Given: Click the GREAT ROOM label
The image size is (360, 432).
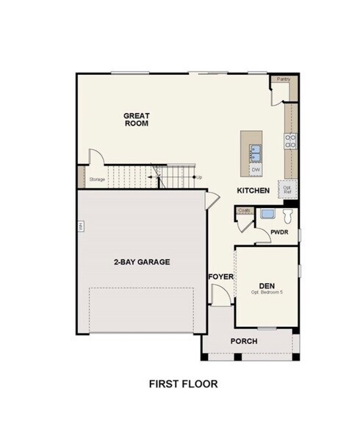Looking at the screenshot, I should [x=136, y=119].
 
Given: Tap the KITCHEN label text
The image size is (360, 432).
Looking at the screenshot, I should [x=253, y=191].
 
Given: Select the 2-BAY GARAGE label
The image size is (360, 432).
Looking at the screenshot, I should [x=142, y=262].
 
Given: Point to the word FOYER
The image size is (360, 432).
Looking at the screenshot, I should [x=220, y=276].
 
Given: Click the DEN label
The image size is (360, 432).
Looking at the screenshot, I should [x=267, y=285].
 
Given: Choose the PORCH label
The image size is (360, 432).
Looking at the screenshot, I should [x=244, y=341].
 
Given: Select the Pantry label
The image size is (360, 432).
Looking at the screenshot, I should [x=282, y=79].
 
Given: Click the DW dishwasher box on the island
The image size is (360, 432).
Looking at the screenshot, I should [x=256, y=170].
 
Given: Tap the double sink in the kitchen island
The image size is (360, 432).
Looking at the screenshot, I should [x=256, y=152].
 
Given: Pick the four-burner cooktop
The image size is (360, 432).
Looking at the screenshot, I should [x=290, y=141].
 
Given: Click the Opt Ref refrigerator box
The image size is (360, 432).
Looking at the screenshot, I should [x=287, y=189].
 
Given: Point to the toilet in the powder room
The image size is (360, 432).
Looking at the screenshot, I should [x=288, y=215].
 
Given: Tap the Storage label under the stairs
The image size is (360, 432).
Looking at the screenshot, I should [x=97, y=179].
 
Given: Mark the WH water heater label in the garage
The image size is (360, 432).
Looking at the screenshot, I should [x=80, y=227].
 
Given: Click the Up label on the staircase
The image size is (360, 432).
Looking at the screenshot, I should [x=199, y=177].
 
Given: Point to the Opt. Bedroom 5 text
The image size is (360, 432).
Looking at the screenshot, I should [x=266, y=292].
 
